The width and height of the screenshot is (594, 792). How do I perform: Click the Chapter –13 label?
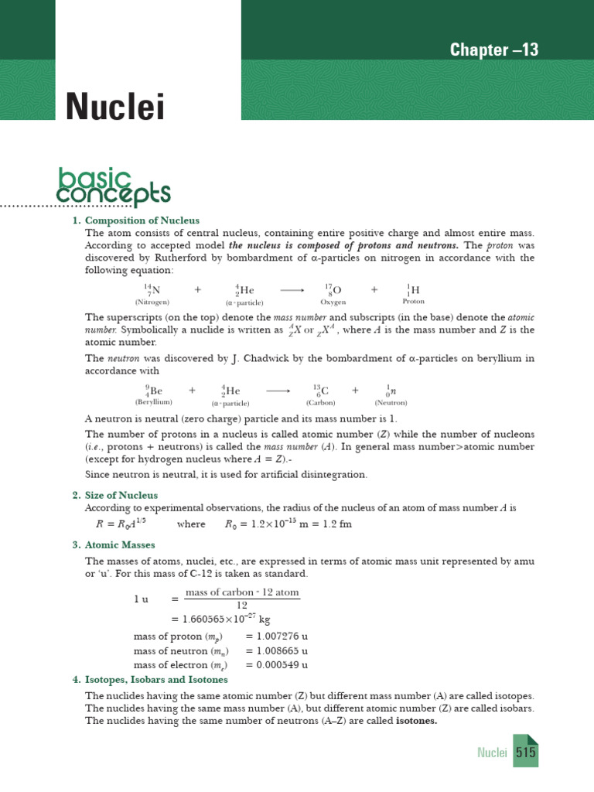[494, 51]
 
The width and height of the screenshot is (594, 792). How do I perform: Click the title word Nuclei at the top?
[114, 108]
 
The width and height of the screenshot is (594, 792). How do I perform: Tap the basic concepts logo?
[114, 186]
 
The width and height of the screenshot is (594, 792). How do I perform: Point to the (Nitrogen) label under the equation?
[152, 302]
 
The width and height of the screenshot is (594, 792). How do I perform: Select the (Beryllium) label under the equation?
[153, 402]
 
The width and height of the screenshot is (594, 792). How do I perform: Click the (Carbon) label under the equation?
[319, 402]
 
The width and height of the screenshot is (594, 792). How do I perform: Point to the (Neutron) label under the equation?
[391, 402]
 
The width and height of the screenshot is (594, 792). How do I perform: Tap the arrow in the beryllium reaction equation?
[278, 391]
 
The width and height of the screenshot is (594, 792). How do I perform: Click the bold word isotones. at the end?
[417, 721]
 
